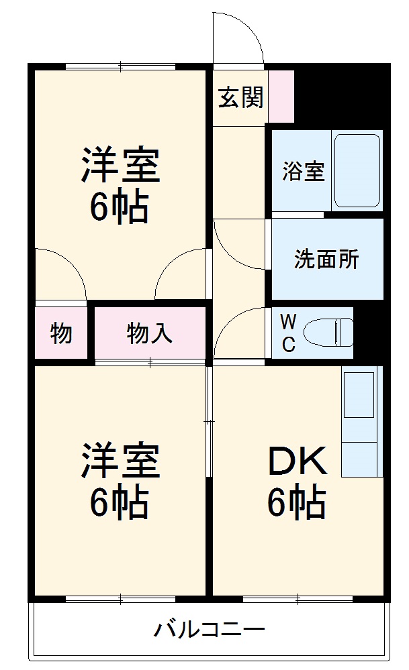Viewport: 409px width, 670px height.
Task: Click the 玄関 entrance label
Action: [x=240, y=99]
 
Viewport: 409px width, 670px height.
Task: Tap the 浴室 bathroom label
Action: [x=303, y=171]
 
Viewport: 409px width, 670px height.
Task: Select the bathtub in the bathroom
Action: [x=357, y=171]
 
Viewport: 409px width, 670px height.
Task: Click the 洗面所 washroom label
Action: [x=326, y=260]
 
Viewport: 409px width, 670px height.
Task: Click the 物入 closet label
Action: [x=149, y=333]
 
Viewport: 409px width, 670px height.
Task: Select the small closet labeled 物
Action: [x=61, y=333]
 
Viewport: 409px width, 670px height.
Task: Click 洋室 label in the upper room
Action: [x=120, y=165]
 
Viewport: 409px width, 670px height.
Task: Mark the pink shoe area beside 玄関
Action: [x=281, y=96]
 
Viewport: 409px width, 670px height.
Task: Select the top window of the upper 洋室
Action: [x=121, y=66]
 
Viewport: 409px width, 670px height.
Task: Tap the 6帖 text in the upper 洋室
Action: [x=120, y=208]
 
